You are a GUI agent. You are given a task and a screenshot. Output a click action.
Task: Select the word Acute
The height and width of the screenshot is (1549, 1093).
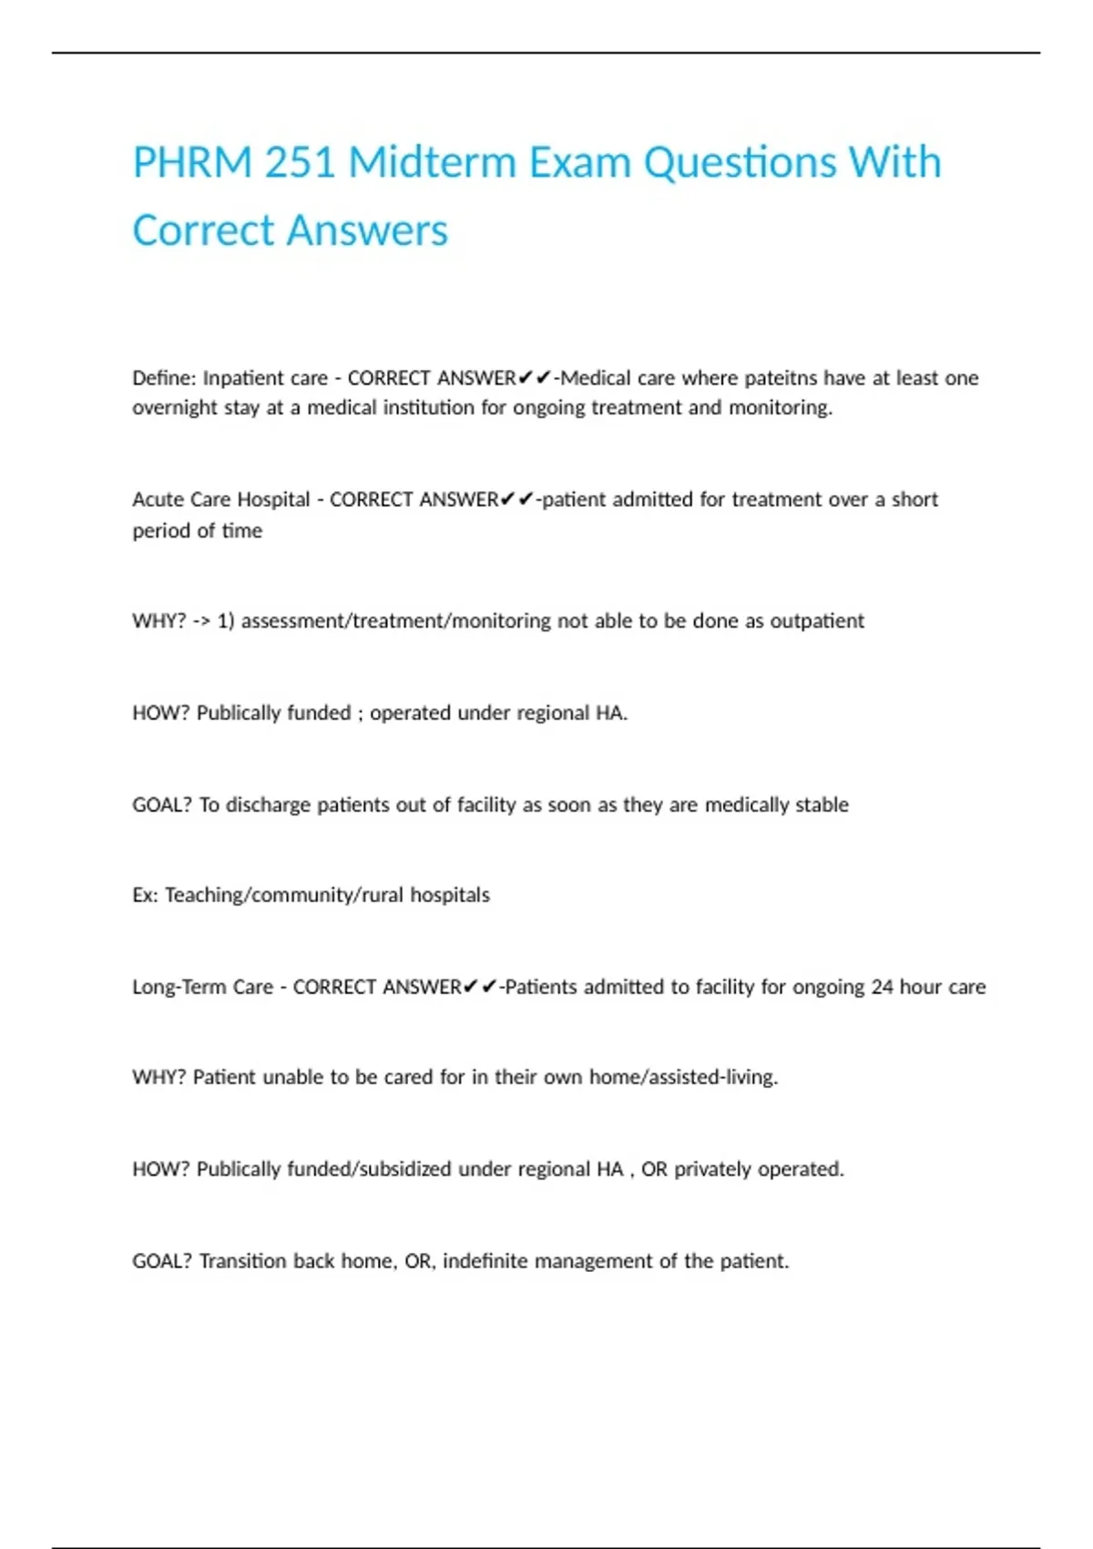(x=156, y=499)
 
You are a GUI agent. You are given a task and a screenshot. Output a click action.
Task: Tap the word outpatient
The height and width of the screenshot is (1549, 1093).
(x=817, y=621)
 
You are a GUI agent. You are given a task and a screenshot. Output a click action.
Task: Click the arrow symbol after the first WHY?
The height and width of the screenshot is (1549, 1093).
(x=201, y=621)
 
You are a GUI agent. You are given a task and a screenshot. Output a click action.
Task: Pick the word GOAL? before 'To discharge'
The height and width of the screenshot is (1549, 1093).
(x=162, y=805)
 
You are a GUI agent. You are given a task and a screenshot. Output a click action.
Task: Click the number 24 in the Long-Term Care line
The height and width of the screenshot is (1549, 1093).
(x=882, y=987)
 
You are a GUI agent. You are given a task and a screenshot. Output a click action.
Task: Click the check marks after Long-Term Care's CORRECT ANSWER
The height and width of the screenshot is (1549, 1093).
(x=480, y=987)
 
